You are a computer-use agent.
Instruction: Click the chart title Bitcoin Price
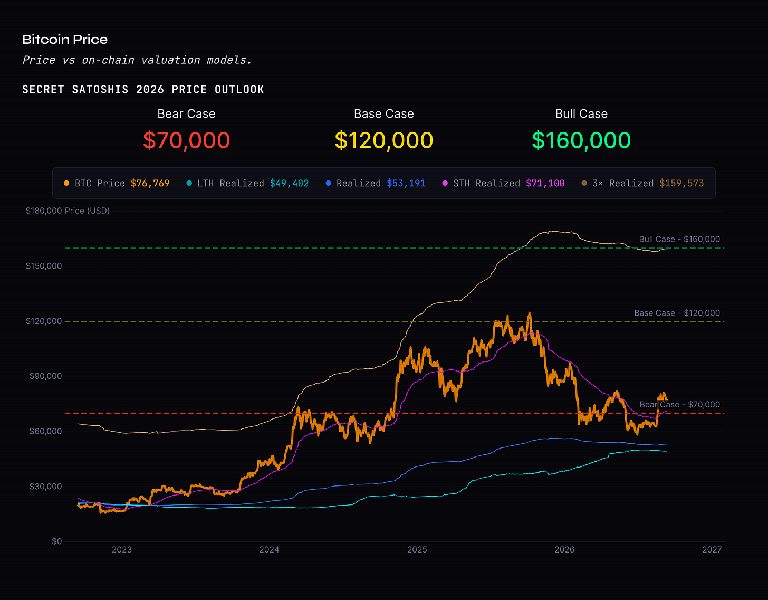pyautogui.click(x=65, y=39)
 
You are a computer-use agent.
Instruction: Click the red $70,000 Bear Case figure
pyautogui.click(x=186, y=140)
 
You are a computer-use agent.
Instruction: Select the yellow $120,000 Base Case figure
pyautogui.click(x=384, y=140)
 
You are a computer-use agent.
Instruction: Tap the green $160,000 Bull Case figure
pyautogui.click(x=581, y=140)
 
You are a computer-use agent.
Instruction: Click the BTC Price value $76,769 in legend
pyautogui.click(x=150, y=183)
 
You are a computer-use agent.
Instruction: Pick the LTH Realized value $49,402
pyautogui.click(x=290, y=183)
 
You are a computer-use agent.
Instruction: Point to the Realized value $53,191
pyautogui.click(x=406, y=183)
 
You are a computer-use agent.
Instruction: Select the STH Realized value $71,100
pyautogui.click(x=545, y=183)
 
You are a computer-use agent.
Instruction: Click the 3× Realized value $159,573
pyautogui.click(x=682, y=183)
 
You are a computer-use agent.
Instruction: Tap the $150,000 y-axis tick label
pyautogui.click(x=44, y=266)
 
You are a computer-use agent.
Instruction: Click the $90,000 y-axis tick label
pyautogui.click(x=45, y=376)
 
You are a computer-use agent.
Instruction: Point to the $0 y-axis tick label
pyautogui.click(x=57, y=541)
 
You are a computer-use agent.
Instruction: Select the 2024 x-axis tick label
pyautogui.click(x=270, y=549)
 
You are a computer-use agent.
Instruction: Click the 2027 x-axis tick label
pyautogui.click(x=712, y=549)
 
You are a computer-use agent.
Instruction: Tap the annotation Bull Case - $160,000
pyautogui.click(x=679, y=239)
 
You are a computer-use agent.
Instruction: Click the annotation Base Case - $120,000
pyautogui.click(x=677, y=313)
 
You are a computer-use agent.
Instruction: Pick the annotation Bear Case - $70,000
pyautogui.click(x=679, y=404)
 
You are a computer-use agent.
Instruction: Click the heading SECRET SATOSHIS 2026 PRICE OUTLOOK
pyautogui.click(x=143, y=90)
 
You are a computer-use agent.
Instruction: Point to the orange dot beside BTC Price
pyautogui.click(x=66, y=183)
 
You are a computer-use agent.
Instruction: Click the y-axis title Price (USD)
pyautogui.click(x=87, y=211)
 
